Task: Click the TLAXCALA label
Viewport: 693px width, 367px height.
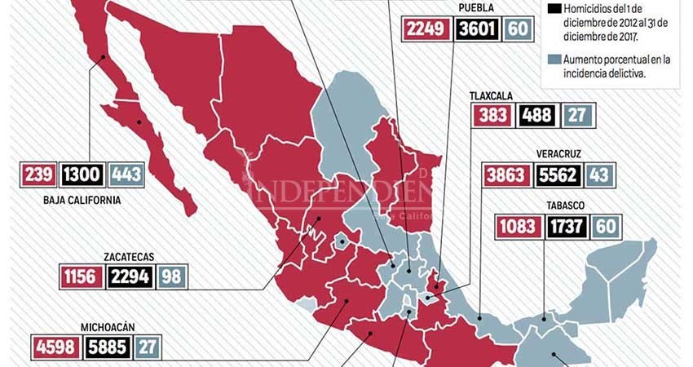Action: point(489,95)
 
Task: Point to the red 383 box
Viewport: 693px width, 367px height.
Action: point(492,115)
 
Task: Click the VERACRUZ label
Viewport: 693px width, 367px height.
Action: point(558,153)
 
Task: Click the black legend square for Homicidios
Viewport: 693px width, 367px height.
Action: point(554,10)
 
